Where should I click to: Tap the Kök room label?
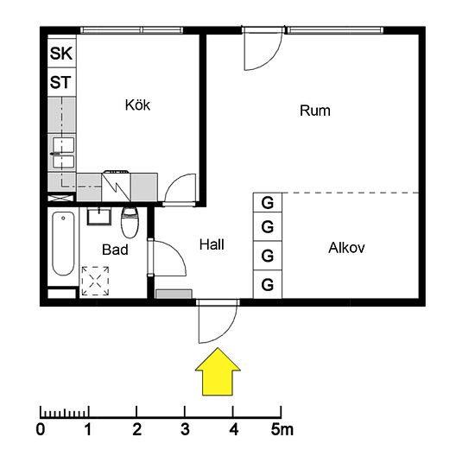point(137,105)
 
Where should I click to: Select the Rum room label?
point(314,111)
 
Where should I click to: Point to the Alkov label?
point(347,248)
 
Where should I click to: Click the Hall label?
point(212,245)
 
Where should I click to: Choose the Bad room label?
point(115,250)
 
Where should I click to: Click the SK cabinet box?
point(60,54)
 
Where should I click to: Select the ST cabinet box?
point(60,84)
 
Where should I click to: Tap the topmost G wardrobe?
point(268,203)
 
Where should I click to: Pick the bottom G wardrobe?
point(268,284)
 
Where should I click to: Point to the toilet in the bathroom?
point(130,223)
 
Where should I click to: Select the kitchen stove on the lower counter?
point(117,182)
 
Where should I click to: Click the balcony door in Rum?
point(261,50)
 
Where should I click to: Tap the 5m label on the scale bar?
point(282,428)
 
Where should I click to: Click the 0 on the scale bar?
point(41,428)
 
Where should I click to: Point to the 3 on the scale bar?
point(185,428)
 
